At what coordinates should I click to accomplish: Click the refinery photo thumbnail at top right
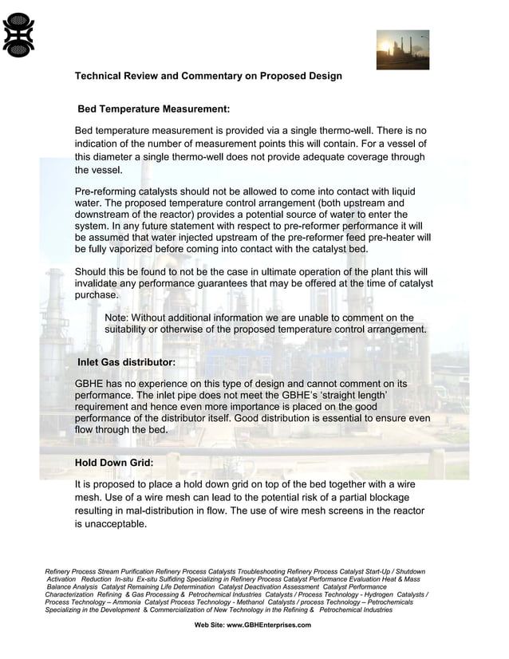[x=402, y=50]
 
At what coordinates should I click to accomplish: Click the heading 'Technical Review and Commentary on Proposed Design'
[x=208, y=77]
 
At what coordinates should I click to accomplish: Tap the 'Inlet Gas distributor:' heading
[x=126, y=363]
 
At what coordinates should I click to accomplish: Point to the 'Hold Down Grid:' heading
[x=114, y=462]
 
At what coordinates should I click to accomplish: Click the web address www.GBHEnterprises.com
[x=269, y=625]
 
